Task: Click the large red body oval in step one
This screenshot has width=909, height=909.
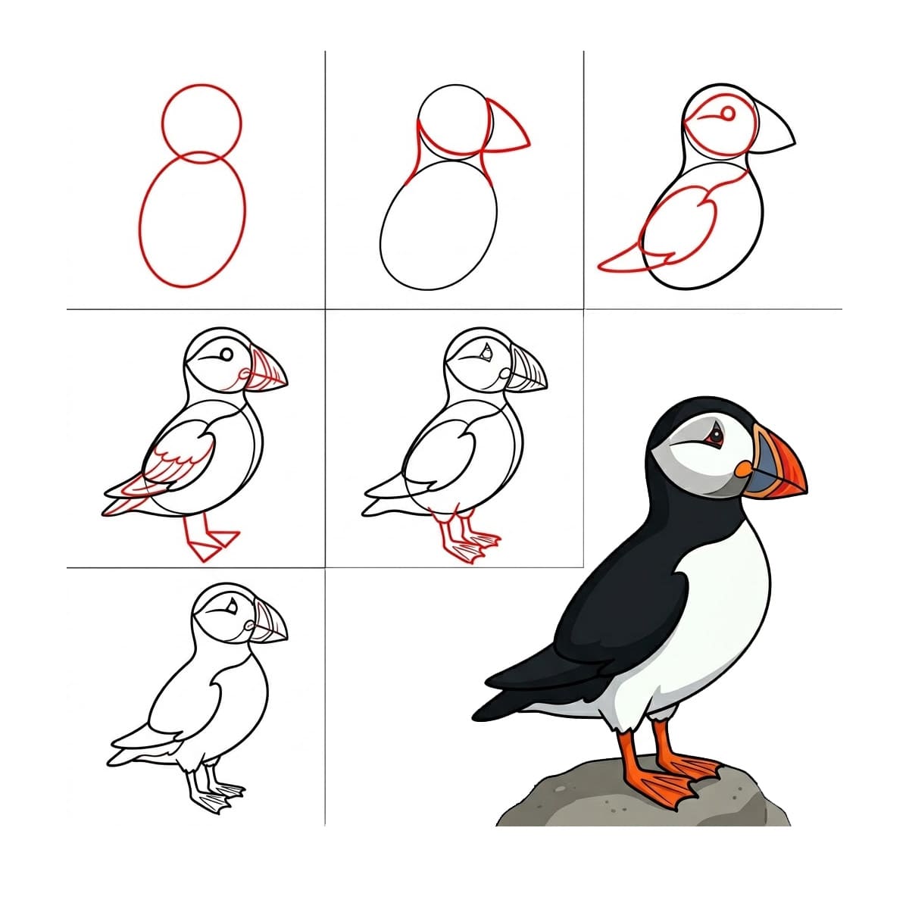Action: click(x=192, y=220)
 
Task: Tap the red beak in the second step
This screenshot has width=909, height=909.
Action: click(x=508, y=129)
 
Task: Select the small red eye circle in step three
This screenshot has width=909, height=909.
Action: click(x=727, y=114)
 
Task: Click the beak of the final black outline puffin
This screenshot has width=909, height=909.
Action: click(x=270, y=624)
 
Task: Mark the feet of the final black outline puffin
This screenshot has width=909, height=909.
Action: click(x=220, y=795)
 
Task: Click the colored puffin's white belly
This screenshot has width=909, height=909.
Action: click(x=720, y=606)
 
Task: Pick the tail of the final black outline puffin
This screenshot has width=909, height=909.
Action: click(x=133, y=746)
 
